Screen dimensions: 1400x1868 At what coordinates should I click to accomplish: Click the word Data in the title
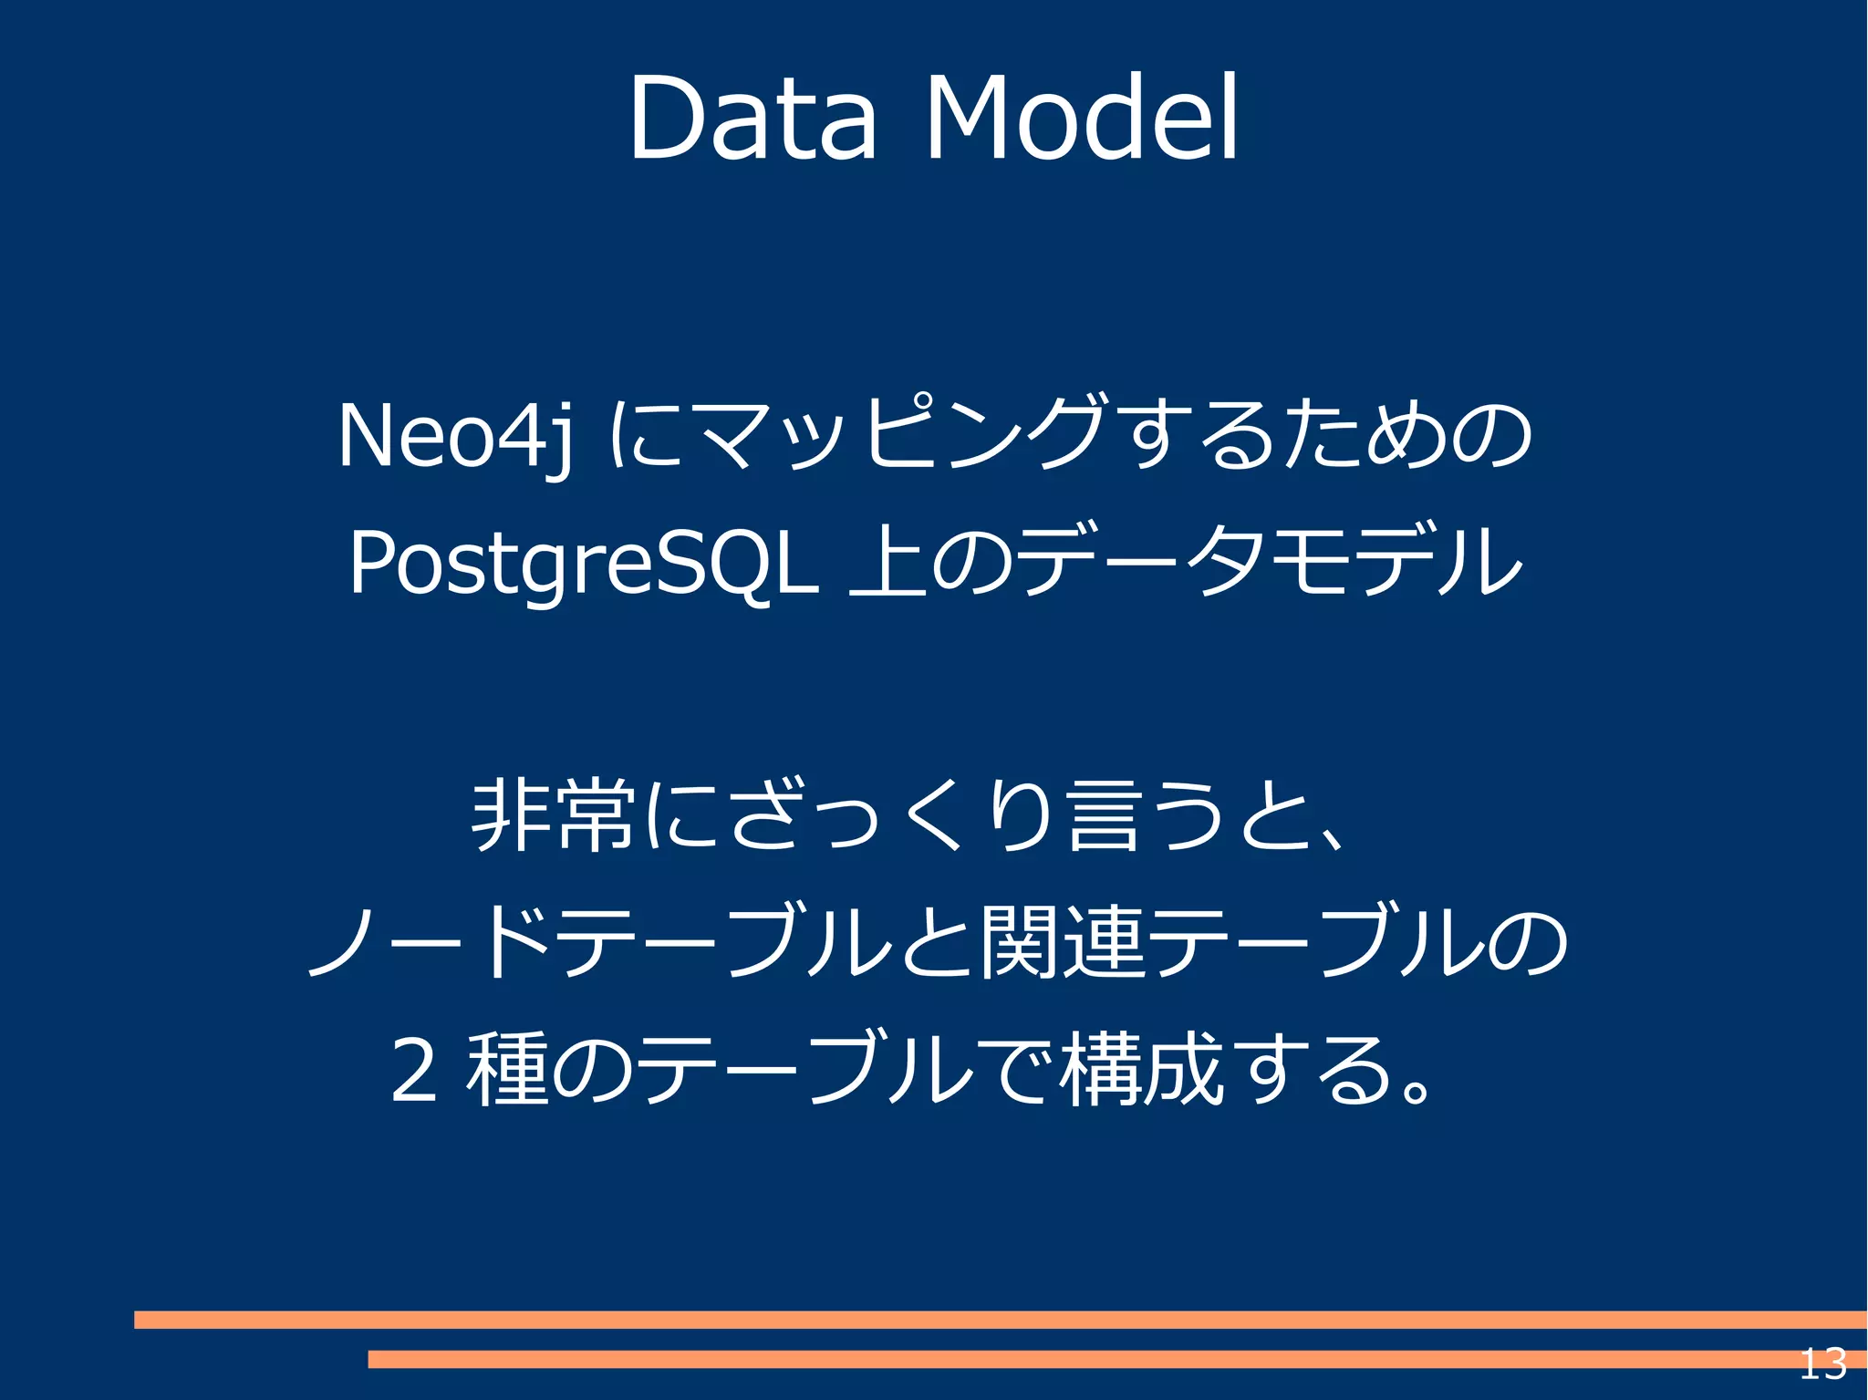pos(752,119)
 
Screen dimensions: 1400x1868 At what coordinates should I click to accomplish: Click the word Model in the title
pos(1083,119)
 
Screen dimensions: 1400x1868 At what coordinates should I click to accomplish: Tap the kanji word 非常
pos(553,814)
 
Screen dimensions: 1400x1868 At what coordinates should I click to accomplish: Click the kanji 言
pos(1105,814)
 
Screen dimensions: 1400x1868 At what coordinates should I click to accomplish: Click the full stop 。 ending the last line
pos(1415,1087)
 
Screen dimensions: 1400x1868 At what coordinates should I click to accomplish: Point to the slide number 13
pos(1822,1364)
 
